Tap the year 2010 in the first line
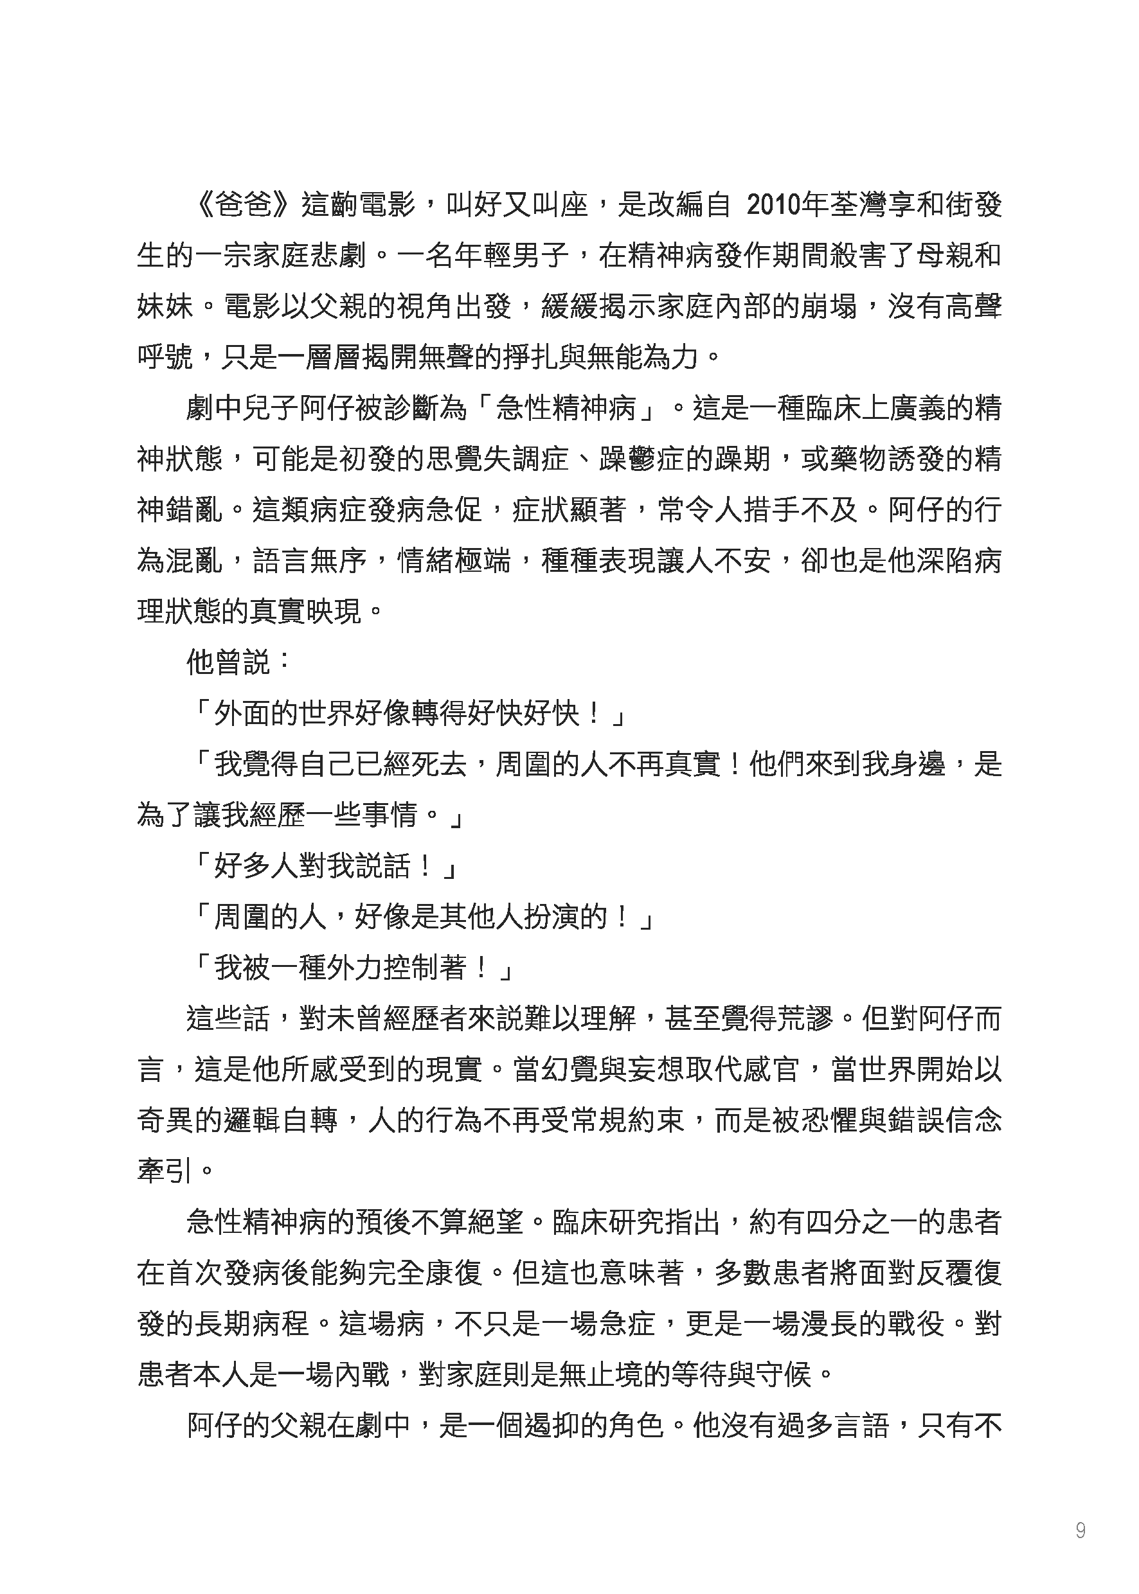point(775,206)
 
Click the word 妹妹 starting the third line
point(165,307)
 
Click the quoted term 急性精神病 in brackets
point(564,409)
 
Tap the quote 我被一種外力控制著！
point(351,968)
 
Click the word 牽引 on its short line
point(165,1171)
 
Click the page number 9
point(1080,1530)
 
